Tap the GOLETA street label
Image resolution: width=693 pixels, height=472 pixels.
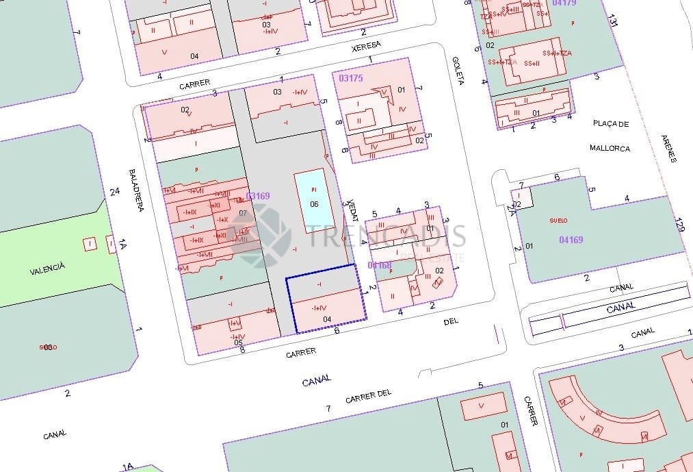click(x=458, y=71)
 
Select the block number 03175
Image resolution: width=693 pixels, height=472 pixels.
click(x=351, y=78)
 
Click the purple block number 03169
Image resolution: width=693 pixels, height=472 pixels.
click(x=258, y=196)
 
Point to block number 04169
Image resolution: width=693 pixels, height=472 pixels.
click(x=571, y=240)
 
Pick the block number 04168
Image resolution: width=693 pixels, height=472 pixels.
click(x=380, y=264)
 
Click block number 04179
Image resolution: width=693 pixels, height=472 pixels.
click(x=564, y=3)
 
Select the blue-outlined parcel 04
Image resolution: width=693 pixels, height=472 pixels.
click(x=326, y=299)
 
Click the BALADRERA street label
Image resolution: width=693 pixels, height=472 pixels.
click(x=136, y=190)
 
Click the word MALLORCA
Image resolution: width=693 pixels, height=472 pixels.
click(x=610, y=148)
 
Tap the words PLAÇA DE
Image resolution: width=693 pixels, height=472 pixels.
click(x=610, y=124)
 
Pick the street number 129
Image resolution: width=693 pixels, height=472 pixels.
click(x=679, y=224)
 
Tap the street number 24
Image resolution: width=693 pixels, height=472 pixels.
click(x=115, y=192)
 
